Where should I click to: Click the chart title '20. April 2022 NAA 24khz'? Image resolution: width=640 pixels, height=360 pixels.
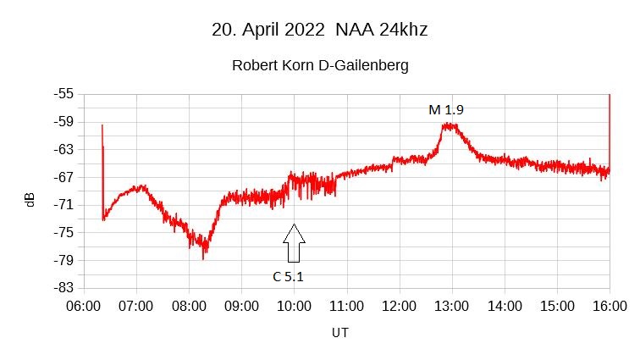point(319,30)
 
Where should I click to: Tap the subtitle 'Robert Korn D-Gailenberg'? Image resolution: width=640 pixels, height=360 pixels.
point(320,65)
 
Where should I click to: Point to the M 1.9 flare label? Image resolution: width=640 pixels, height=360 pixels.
point(446,109)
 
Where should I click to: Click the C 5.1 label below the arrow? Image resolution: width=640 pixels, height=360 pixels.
point(288,275)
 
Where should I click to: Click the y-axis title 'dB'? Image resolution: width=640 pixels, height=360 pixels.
point(30,200)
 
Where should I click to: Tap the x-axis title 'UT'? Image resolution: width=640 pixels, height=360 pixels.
point(339,333)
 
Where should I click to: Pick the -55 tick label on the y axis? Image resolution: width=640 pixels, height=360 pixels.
point(63,94)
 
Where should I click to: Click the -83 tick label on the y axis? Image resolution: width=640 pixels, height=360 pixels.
point(63,288)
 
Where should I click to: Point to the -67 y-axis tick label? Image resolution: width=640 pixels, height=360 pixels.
point(63,177)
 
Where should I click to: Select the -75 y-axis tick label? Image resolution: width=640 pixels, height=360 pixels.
point(63,233)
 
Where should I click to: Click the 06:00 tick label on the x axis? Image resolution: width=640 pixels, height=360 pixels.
point(84,305)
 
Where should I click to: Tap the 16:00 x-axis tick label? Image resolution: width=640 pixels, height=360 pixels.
point(610,305)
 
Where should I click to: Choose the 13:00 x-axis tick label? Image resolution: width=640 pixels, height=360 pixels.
point(452,305)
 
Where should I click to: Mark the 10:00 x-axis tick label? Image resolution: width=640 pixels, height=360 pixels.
point(294,305)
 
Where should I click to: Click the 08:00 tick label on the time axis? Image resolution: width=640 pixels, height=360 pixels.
point(189,305)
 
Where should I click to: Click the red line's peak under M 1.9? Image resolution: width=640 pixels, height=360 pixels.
point(449,125)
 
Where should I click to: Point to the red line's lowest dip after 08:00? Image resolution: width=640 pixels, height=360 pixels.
point(204,257)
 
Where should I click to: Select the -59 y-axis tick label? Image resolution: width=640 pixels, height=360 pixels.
point(63,122)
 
